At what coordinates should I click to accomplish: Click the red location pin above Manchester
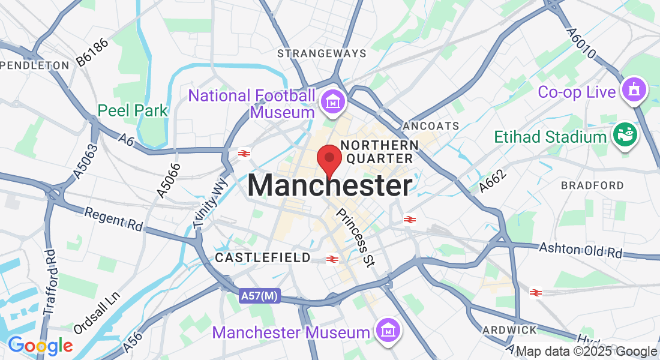click(329, 159)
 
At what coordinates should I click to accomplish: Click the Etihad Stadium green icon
click(626, 136)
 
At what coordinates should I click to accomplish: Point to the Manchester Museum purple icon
click(388, 331)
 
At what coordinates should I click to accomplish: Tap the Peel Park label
click(133, 110)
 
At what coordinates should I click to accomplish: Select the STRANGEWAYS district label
click(322, 53)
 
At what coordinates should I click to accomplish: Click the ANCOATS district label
click(431, 126)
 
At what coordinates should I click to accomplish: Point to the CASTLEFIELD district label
click(263, 258)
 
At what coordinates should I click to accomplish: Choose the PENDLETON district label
click(35, 65)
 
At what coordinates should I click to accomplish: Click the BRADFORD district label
click(592, 185)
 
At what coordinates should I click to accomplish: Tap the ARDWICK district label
click(509, 330)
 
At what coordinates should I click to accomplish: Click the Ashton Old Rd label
click(580, 250)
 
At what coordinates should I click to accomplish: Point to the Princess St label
click(355, 237)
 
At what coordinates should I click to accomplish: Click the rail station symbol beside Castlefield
click(332, 259)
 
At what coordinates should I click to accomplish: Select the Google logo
click(40, 346)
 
